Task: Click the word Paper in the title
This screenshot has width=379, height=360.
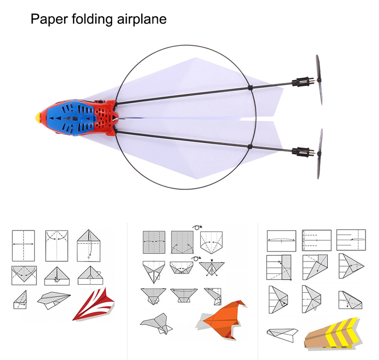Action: pyautogui.click(x=49, y=19)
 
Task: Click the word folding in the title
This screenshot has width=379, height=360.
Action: pyautogui.click(x=92, y=19)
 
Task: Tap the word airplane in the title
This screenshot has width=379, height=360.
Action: pyautogui.click(x=142, y=19)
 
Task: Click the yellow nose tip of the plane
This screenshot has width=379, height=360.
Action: pyautogui.click(x=38, y=117)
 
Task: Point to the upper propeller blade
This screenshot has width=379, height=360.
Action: pyautogui.click(x=319, y=80)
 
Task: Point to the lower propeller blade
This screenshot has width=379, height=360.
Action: pyautogui.click(x=319, y=154)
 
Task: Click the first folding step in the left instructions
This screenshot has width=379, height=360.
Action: pyautogui.click(x=23, y=246)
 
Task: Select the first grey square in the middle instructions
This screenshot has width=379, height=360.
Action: pyautogui.click(x=154, y=242)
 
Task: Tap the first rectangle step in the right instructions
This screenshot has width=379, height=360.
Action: pyautogui.click(x=281, y=241)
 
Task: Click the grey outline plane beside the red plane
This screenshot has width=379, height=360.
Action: pyautogui.click(x=54, y=300)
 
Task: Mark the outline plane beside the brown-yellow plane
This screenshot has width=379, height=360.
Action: pyautogui.click(x=282, y=334)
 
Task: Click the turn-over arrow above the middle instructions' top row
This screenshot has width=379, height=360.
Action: pyautogui.click(x=197, y=227)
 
